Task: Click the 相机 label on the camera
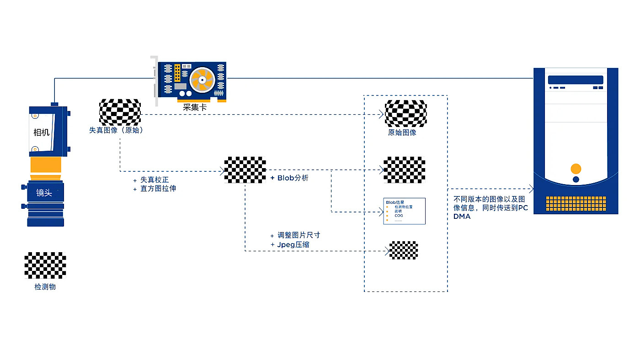point(42,132)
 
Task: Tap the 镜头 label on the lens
point(44,193)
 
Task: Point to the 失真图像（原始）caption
point(117,130)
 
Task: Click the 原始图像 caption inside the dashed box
point(402,132)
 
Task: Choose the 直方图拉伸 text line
point(158,188)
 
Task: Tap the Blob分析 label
point(293,178)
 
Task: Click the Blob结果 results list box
point(404,211)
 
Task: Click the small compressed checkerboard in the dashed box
point(404,250)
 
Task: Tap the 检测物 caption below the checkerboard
point(45,287)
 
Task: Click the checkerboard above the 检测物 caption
point(45,265)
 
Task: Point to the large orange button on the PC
point(576,169)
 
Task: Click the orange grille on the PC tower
point(576,204)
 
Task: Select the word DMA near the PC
point(462,217)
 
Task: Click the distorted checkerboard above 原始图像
point(405,112)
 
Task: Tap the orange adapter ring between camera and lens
point(45,165)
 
